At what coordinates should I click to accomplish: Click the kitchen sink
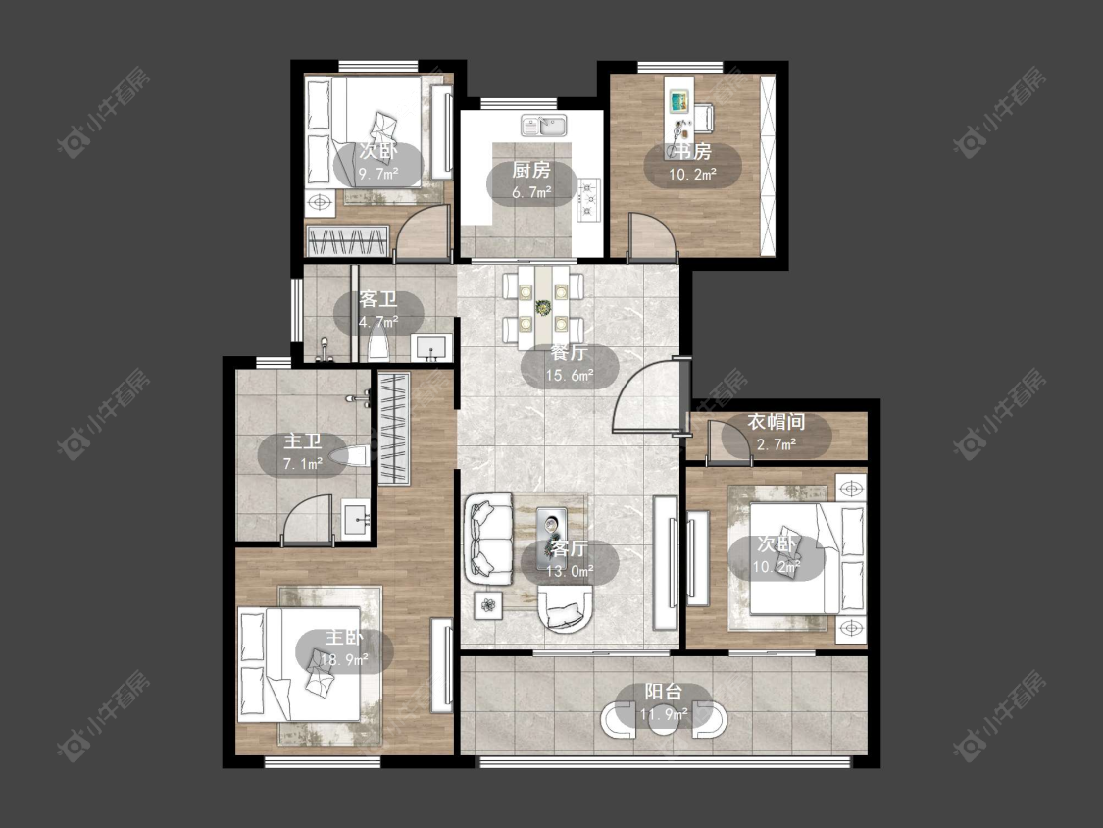tap(544, 126)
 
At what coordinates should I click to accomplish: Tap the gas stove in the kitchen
tap(588, 199)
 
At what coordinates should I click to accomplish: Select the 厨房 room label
tap(531, 170)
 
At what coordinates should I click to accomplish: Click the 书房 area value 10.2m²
tap(692, 174)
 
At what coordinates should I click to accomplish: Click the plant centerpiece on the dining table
tap(543, 307)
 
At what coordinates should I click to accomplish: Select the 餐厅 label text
tap(569, 352)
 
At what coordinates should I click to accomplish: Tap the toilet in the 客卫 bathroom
tap(379, 347)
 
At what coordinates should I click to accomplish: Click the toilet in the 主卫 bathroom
tap(354, 456)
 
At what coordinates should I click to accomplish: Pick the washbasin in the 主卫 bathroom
tap(356, 520)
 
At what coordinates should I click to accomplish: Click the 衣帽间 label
tap(776, 422)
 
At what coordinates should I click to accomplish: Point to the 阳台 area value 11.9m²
tap(664, 715)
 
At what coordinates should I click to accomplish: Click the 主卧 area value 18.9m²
tap(345, 659)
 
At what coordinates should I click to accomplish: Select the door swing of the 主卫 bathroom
tap(307, 520)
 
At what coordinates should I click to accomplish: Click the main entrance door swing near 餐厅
tap(647, 394)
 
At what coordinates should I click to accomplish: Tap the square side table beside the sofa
tap(489, 604)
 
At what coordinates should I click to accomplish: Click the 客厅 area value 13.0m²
tap(570, 571)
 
